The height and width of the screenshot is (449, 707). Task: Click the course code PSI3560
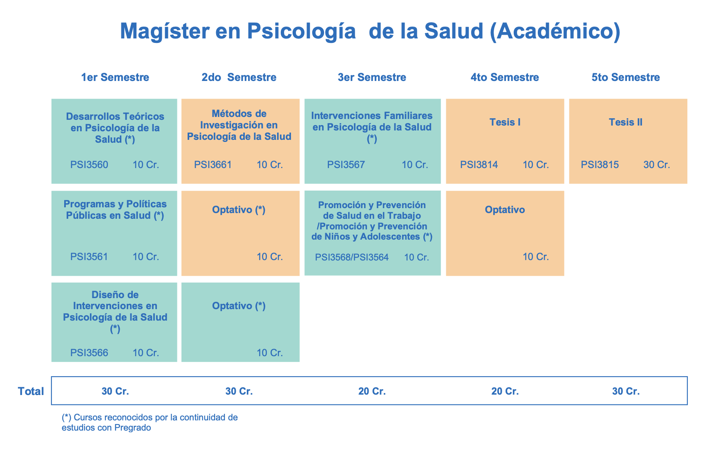[89, 165]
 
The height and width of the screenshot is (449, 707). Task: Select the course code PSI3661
[213, 165]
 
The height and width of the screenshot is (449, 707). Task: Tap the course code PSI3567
[346, 165]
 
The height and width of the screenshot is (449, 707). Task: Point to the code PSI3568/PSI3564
[352, 257]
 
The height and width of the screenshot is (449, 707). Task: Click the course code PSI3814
[479, 165]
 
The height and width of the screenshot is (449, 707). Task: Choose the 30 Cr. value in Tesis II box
[657, 165]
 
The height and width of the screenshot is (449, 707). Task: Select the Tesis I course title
[505, 122]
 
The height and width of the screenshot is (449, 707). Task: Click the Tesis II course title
[626, 122]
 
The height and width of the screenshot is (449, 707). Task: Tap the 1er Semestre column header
[115, 77]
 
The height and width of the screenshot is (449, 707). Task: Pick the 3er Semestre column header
[372, 77]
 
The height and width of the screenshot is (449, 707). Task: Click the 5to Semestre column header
[626, 77]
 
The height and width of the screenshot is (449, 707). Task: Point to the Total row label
[31, 391]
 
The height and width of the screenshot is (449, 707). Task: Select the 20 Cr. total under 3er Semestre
[372, 391]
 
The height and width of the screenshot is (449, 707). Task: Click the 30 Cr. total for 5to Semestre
[626, 391]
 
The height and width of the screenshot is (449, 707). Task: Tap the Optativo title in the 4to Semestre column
[505, 210]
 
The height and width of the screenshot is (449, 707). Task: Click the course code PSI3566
[89, 353]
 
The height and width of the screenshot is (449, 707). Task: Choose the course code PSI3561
[89, 257]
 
